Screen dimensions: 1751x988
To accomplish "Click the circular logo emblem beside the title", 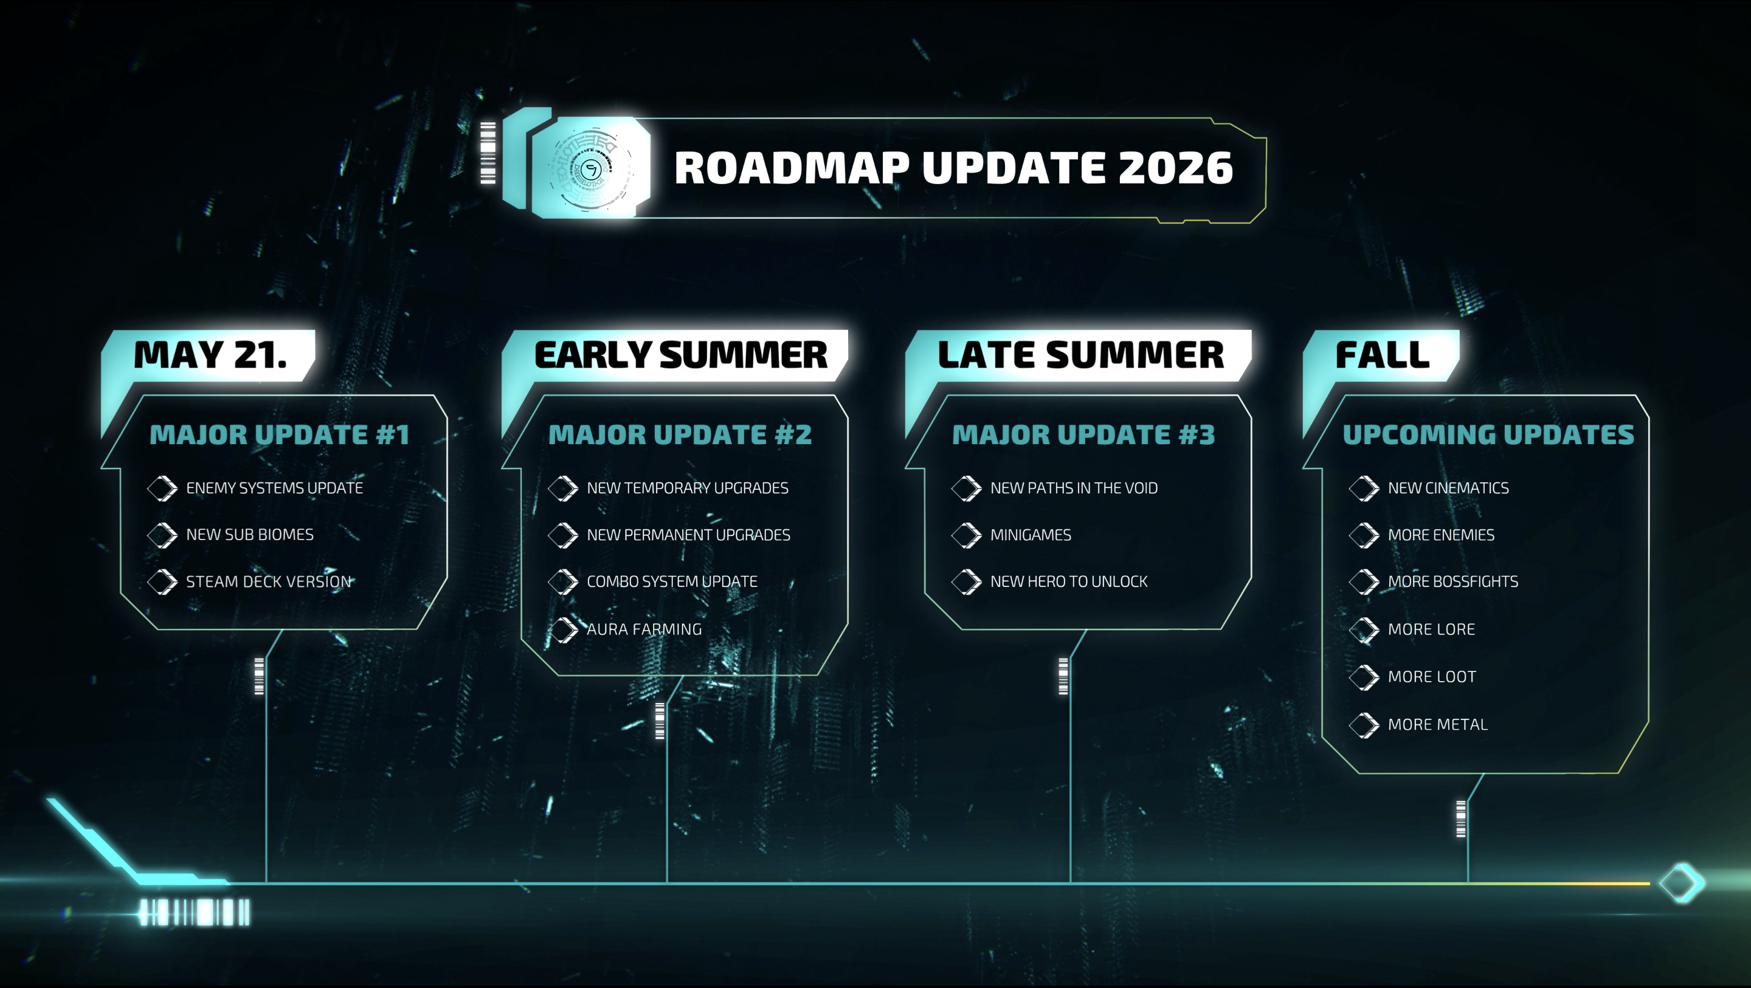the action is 591,168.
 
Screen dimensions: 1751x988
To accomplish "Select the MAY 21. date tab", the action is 210,355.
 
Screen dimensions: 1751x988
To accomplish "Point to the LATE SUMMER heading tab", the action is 1081,355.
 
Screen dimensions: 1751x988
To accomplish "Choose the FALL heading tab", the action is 1383,355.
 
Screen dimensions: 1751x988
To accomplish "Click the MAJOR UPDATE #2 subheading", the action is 680,435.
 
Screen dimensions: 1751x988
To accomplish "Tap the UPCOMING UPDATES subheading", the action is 1488,435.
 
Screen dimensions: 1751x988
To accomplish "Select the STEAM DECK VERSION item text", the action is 269,581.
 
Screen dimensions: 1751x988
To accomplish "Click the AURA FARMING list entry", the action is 644,630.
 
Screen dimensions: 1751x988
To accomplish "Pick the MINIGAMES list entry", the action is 1031,535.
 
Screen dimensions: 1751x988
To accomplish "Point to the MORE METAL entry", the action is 1438,724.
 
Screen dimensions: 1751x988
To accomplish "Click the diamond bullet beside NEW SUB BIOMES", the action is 162,535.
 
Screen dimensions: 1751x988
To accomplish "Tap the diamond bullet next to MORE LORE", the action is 1364,630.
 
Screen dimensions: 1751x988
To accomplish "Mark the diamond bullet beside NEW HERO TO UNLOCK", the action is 967,581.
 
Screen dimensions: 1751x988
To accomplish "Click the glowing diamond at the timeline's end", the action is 1682,883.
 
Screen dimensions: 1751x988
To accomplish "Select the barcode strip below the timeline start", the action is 195,913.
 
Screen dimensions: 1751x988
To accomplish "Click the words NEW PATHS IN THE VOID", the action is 1074,488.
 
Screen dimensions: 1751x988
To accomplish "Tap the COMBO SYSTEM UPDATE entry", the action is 672,581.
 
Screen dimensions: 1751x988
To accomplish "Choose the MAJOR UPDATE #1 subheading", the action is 280,435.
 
